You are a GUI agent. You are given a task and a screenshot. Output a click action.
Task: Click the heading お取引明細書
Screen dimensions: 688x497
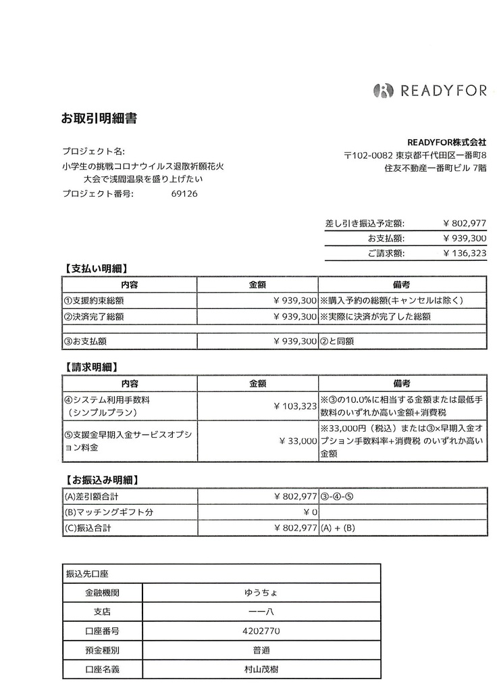[x=99, y=119]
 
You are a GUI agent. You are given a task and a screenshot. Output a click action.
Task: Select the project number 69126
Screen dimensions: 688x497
[x=184, y=193]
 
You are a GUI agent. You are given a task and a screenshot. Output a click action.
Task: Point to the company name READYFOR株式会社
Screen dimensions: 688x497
[x=446, y=142]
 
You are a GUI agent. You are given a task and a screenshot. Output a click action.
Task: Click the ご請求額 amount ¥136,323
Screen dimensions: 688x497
[x=465, y=253]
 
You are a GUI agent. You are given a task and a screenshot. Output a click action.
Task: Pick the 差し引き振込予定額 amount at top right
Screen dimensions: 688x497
[x=465, y=224]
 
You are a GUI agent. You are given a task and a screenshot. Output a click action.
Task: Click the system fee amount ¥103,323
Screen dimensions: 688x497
[x=295, y=406]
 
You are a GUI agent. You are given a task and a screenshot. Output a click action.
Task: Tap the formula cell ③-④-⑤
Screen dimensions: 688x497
[x=338, y=497]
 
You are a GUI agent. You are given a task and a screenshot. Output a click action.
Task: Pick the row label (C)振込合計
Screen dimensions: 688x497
[x=87, y=529]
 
